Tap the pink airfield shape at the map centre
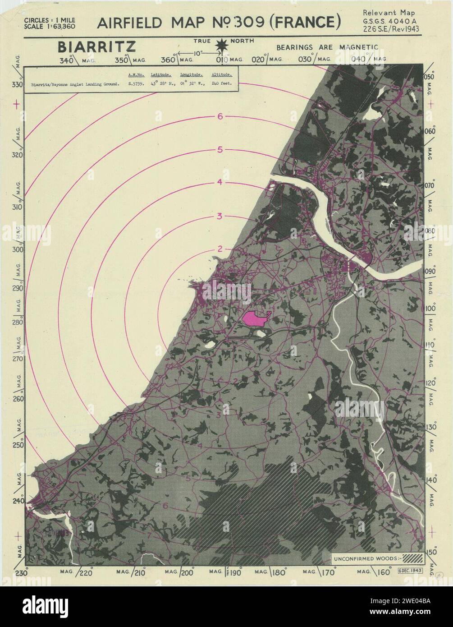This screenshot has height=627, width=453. pyautogui.click(x=255, y=318)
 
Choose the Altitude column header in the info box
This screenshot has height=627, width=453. pyautogui.click(x=221, y=74)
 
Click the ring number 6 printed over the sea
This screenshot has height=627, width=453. pyautogui.click(x=220, y=116)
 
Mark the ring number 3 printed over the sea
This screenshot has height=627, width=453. pyautogui.click(x=220, y=216)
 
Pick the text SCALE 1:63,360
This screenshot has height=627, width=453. pyautogui.click(x=50, y=26)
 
